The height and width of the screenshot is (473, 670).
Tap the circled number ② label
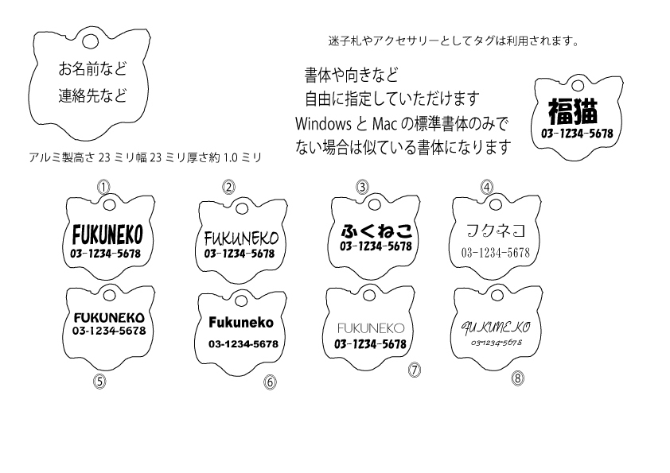coord(228,187)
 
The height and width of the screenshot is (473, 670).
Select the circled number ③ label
coord(362,187)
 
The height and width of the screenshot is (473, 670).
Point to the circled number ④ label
coord(487,187)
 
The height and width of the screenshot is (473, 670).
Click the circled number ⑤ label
coord(99,380)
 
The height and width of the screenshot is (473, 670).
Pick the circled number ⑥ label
coord(270,382)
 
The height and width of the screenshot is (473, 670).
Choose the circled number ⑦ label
coord(413,370)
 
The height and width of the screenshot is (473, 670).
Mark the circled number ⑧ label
coord(518,378)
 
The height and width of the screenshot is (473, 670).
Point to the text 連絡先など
coord(92,96)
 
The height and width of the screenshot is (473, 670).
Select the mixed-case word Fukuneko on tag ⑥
coord(240,323)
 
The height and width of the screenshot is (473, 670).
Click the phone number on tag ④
coord(495,253)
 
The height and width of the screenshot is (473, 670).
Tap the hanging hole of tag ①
coord(106,207)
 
